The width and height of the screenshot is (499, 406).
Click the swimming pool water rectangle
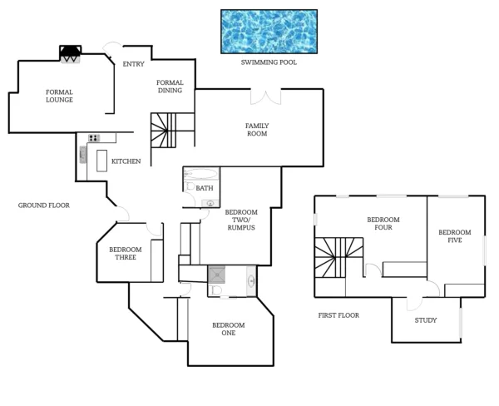268,31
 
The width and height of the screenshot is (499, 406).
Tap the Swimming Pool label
268,62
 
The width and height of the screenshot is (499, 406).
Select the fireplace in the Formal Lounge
70,53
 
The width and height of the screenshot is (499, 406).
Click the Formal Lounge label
59,96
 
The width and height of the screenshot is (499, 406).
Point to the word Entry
133,64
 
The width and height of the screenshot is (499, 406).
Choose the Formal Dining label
170,87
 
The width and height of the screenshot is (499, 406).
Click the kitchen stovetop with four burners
94,138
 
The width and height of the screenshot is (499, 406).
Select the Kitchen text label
126,161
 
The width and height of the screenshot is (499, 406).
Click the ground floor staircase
163,131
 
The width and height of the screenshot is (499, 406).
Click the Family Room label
256,130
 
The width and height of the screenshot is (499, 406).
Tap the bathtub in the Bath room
201,176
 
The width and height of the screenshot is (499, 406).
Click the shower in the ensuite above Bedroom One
218,275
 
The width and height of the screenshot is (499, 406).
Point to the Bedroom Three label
126,254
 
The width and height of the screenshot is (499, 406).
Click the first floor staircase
338,258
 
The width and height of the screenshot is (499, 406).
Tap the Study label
425,320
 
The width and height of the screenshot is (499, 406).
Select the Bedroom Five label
455,236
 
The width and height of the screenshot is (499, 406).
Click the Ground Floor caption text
43,205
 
